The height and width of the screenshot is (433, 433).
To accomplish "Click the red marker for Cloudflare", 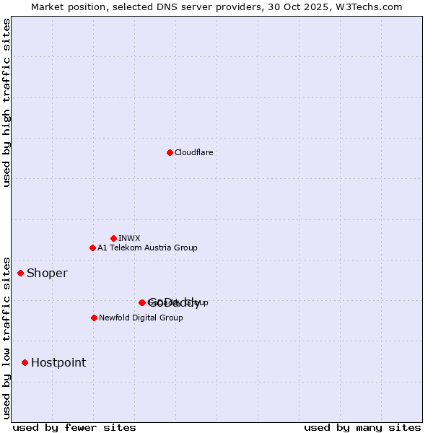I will point(170,152).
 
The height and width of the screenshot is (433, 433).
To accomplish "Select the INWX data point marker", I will point(113,238).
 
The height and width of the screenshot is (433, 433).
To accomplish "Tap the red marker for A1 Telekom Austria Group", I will point(92,248).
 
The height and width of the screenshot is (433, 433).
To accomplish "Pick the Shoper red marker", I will point(21,273).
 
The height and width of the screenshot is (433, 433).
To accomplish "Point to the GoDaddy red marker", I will point(142,302).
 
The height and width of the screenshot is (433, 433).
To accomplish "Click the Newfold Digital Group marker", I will point(94,318).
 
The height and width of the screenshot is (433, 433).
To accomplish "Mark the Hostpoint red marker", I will point(25,362).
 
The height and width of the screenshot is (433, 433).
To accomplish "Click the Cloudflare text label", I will point(193,152).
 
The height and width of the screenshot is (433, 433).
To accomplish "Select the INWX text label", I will point(129,238).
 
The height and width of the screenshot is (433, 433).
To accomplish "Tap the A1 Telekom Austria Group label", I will point(147,248).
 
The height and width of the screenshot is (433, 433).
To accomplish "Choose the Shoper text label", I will point(47,273).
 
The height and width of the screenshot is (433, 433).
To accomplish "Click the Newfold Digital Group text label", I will point(141,318).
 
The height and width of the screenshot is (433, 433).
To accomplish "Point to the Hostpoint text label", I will point(58,362).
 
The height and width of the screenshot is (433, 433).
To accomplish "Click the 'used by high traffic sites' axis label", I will point(6,102).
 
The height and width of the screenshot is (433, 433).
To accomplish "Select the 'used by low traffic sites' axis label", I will point(6,337).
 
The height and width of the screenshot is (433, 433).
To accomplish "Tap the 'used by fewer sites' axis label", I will point(74,427).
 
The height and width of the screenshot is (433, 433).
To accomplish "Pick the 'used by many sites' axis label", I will point(362,427).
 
